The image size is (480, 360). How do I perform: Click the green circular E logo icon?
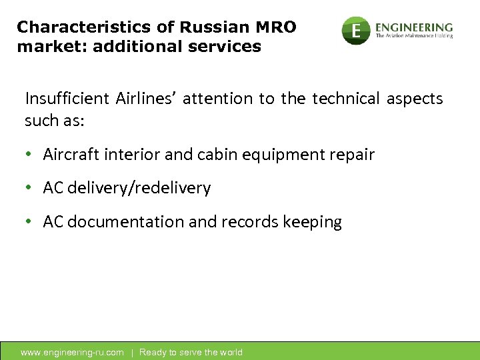[356, 30]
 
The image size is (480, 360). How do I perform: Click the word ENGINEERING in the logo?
[414, 27]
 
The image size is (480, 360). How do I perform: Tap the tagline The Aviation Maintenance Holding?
[414, 36]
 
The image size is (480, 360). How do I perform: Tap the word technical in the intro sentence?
[343, 99]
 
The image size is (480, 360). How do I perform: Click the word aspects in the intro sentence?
[414, 99]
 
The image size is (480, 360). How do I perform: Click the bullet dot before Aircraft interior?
[29, 155]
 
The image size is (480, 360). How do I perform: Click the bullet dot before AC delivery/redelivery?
[29, 189]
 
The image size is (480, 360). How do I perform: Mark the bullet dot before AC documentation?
[29, 222]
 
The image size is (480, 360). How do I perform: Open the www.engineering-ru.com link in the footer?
[72, 352]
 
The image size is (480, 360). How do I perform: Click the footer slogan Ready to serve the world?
[191, 352]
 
